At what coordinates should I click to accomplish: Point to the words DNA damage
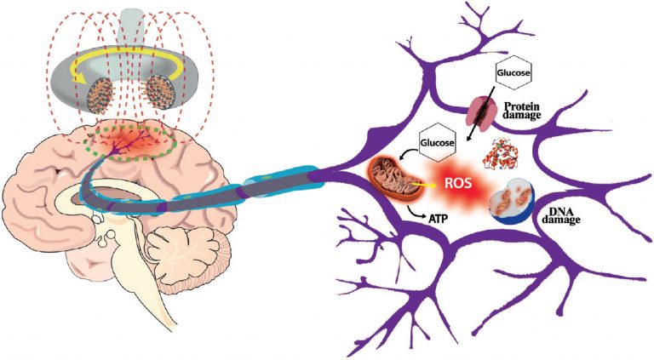(x=560, y=214)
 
